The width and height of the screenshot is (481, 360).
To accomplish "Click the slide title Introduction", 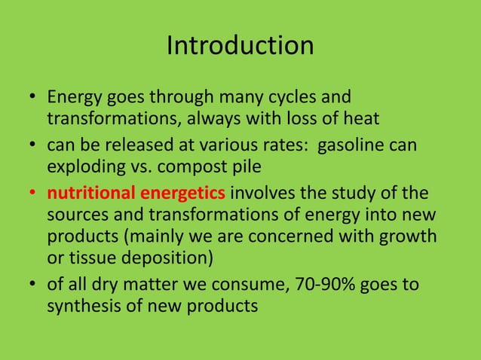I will (240, 46).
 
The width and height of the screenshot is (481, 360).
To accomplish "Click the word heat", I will (358, 118).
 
